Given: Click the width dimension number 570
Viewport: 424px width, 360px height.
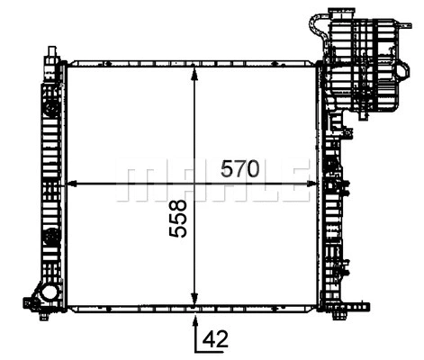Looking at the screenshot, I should pos(241,168).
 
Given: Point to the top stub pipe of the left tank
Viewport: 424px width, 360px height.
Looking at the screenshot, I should pos(50,57).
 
